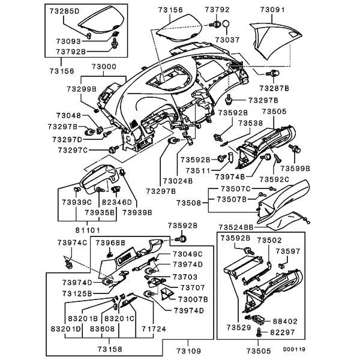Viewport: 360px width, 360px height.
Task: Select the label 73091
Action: point(274,10)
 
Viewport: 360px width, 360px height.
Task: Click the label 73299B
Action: point(82,89)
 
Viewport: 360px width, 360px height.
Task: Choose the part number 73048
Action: point(68,115)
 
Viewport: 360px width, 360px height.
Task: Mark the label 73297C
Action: point(72,150)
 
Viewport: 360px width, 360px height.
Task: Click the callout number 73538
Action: point(251,123)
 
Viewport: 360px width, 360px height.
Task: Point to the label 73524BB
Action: point(236,228)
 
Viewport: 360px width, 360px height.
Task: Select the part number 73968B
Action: point(111,243)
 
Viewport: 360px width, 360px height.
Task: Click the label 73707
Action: point(185,288)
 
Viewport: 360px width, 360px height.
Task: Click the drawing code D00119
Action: point(295,349)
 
